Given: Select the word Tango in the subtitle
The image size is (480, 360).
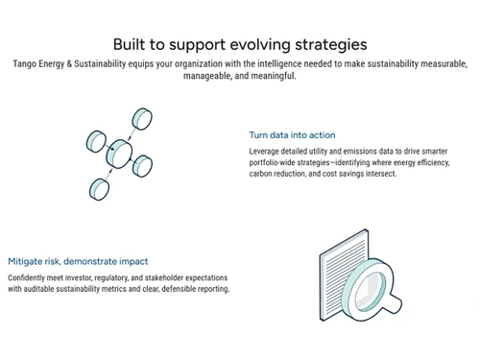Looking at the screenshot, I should pos(26,63).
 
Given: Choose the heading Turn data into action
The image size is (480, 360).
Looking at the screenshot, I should pos(292,135).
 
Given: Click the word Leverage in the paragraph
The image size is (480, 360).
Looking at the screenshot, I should pos(267,152).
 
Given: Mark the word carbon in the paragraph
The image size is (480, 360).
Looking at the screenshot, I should pos(262,174).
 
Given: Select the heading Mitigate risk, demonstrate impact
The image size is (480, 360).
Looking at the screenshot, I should pos(78,261).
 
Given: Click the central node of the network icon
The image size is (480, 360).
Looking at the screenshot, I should pos(119,151).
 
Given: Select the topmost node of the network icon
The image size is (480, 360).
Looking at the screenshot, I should pos(142,118).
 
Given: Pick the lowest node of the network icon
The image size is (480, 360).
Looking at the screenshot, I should pos(98,187).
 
